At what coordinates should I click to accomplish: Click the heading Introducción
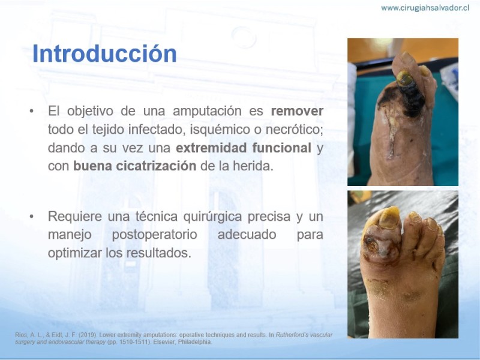click(x=104, y=53)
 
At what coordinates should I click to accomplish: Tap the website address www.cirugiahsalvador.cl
click(x=425, y=8)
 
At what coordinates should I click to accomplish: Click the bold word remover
click(x=297, y=111)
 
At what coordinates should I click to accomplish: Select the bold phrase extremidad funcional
click(x=244, y=148)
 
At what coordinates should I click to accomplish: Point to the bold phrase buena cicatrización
click(x=134, y=166)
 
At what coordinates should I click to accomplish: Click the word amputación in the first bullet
click(x=207, y=112)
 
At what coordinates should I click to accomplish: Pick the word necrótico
click(x=294, y=130)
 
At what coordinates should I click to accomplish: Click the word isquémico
click(x=226, y=130)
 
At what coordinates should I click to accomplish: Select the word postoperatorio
click(x=154, y=235)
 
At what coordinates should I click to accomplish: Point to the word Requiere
click(x=74, y=217)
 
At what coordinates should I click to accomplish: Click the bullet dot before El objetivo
click(x=31, y=111)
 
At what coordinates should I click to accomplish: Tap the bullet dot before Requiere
click(x=31, y=217)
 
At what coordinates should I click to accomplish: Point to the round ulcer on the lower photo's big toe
click(x=372, y=245)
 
